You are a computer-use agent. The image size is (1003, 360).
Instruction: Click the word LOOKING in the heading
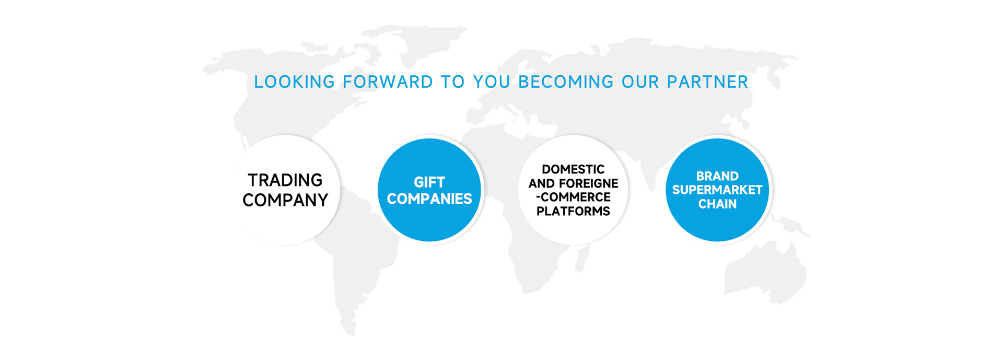tap(294, 82)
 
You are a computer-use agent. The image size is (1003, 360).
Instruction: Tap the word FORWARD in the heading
tap(388, 82)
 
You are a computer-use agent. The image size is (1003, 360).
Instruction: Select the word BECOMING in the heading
tap(566, 82)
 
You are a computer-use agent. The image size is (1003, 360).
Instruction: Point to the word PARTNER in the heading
tap(707, 82)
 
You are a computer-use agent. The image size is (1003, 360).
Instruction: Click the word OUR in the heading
tap(640, 82)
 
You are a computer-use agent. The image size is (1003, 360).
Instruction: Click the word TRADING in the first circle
tap(285, 180)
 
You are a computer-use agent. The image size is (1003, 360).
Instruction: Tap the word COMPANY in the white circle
tap(285, 200)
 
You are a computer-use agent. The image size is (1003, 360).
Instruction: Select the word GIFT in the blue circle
tap(429, 182)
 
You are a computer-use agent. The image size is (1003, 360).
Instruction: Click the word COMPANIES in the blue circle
tap(429, 199)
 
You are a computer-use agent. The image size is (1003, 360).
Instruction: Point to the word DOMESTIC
tap(573, 169)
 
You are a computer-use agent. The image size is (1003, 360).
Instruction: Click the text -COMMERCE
tap(573, 198)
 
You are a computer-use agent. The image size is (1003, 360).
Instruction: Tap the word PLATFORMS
tap(573, 211)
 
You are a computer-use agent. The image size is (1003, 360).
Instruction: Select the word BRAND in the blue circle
tap(717, 176)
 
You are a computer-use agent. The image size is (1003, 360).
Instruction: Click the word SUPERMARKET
tap(717, 190)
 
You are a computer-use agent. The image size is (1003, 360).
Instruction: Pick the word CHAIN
tap(717, 204)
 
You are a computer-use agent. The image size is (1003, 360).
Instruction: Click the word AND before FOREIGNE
tap(542, 183)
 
